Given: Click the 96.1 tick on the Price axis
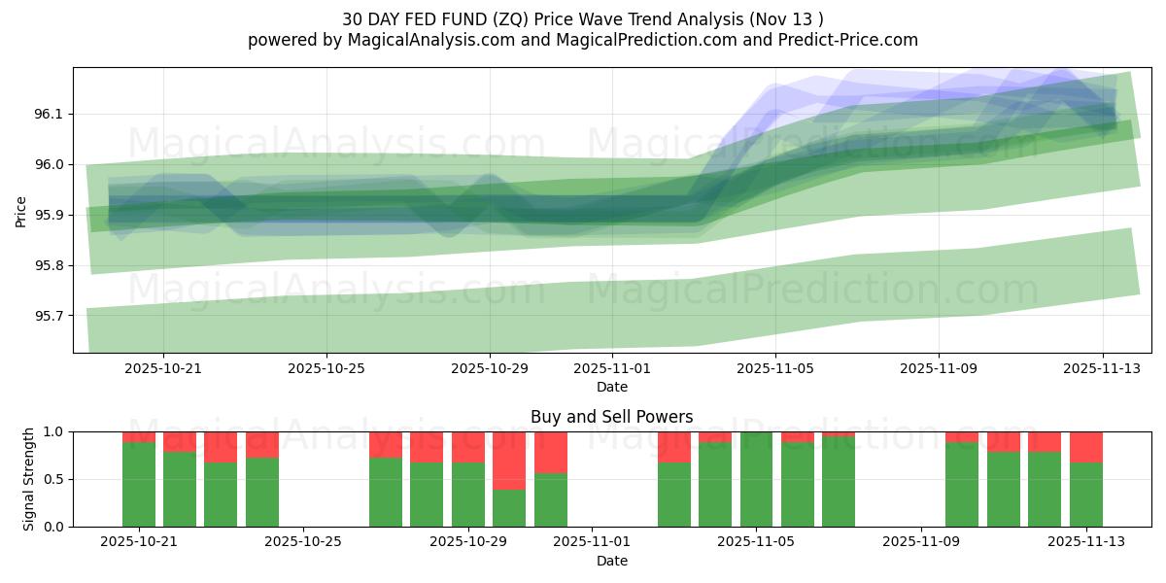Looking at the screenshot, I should (47, 114).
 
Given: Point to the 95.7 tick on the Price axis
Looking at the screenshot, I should (47, 316).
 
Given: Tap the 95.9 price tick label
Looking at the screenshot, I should (47, 215).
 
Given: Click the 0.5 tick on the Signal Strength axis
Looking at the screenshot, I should (54, 479).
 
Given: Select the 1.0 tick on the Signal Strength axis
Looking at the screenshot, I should (54, 431).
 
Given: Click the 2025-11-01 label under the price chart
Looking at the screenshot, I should (612, 369).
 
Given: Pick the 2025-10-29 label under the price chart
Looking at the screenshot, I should (489, 369).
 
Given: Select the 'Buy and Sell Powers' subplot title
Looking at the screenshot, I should (612, 417).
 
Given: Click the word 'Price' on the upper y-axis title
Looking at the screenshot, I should (21, 210).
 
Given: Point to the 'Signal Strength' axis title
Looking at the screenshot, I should (29, 479).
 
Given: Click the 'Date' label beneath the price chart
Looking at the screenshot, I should (612, 387).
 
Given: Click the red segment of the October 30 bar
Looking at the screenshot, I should (509, 461).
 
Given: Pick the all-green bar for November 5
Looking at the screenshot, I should (756, 479).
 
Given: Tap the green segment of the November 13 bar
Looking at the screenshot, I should (1085, 495).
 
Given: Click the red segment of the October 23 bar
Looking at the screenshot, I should (221, 447).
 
